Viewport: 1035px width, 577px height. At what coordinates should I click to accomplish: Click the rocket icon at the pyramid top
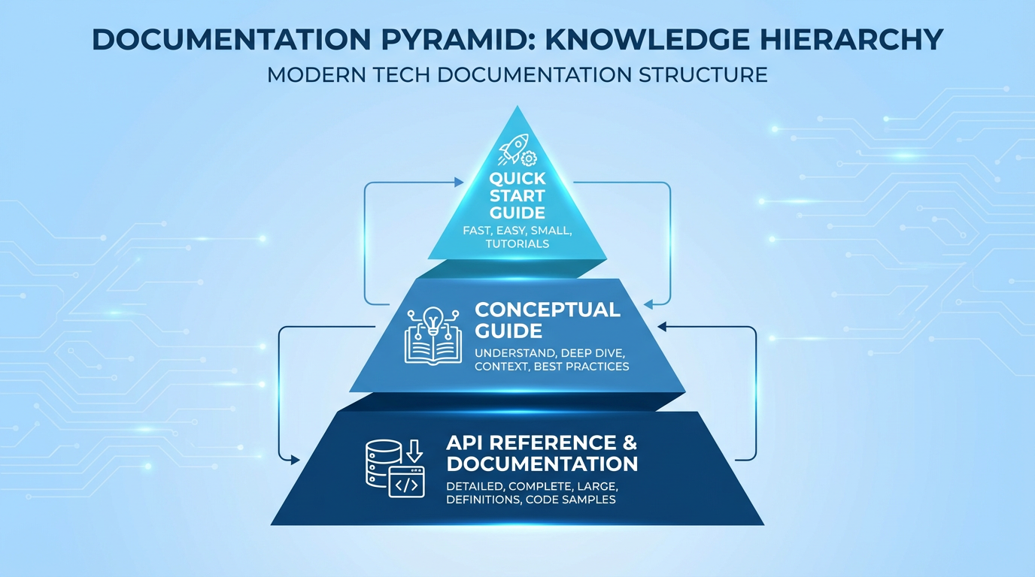pos(514,148)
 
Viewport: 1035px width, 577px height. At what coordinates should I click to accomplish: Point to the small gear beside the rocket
pos(529,159)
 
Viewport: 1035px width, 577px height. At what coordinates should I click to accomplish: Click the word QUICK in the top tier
pos(517,180)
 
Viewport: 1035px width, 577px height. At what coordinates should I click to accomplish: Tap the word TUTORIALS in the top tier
pos(517,243)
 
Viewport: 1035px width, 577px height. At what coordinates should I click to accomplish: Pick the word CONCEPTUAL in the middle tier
pos(548,310)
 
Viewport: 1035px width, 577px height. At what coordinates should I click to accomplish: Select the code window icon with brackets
pos(407,482)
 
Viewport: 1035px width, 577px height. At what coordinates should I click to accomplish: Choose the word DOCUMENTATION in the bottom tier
pos(542,463)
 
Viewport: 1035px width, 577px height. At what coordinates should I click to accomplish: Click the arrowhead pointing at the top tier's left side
pos(459,182)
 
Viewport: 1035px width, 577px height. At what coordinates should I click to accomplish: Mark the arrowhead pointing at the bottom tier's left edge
pos(298,458)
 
